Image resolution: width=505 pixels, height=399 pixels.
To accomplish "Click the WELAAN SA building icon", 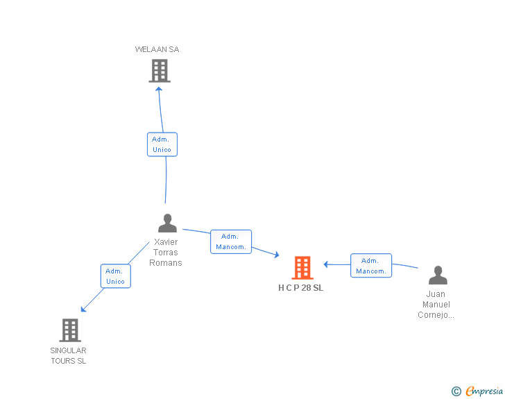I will [160, 70].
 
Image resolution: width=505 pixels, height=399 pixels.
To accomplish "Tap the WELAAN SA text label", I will [157, 49].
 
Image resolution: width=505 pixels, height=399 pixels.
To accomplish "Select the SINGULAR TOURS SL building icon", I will [69, 330].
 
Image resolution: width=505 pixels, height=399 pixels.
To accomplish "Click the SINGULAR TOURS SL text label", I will [68, 355].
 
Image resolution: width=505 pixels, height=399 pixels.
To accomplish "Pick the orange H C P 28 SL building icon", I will [302, 268].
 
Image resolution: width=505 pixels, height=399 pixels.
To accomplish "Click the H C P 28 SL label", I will [300, 288].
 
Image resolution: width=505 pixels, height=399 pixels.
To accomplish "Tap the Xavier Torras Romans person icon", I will [167, 223].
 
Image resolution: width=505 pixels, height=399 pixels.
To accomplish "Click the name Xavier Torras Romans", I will [166, 253].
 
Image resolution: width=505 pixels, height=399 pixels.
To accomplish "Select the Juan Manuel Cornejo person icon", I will [438, 275].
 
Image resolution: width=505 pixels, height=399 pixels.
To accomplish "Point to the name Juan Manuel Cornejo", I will [436, 305].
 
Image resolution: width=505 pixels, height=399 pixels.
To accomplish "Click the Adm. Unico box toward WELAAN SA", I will [162, 144].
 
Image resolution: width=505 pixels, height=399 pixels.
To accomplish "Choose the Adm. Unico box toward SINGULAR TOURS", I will [115, 276].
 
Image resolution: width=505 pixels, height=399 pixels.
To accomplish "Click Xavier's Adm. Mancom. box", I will [231, 241].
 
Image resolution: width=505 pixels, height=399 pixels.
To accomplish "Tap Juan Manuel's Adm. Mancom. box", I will [371, 266].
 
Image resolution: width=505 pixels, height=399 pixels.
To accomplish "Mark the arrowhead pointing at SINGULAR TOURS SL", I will [83, 309].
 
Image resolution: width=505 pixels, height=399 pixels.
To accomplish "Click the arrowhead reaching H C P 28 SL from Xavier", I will [276, 256].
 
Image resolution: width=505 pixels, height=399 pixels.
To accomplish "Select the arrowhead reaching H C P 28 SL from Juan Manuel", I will [326, 264].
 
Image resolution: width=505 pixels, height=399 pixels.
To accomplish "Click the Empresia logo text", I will [484, 391].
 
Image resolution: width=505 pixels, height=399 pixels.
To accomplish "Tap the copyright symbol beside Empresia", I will [456, 392].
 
